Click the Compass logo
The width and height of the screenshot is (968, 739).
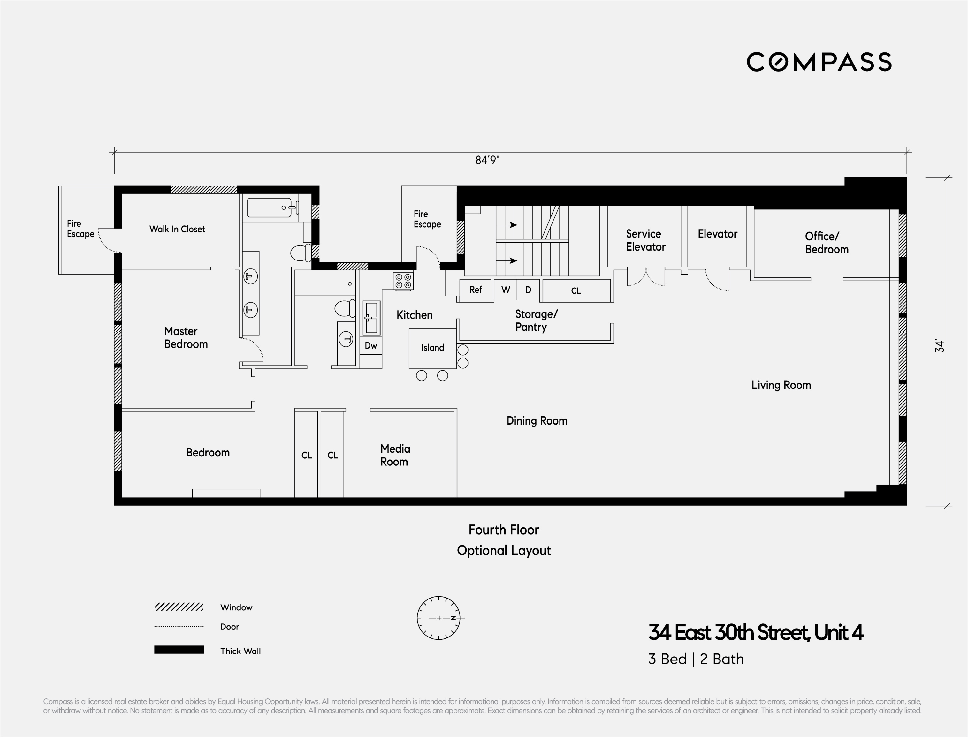tap(819, 62)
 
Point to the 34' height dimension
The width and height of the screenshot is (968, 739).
tap(939, 346)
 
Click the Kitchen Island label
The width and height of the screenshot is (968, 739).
tap(432, 348)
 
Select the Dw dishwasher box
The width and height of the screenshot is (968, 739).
tap(370, 346)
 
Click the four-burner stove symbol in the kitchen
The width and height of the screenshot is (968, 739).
tap(403, 281)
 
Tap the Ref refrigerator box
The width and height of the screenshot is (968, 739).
tap(475, 290)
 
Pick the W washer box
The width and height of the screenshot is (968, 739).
tap(506, 290)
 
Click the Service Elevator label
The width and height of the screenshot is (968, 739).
tap(645, 240)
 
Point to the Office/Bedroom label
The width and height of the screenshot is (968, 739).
tap(826, 243)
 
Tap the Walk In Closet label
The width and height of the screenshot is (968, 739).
tap(177, 229)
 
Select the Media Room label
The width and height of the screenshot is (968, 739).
tap(395, 455)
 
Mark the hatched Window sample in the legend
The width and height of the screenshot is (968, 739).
tap(179, 607)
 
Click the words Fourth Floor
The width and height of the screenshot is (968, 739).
tap(503, 530)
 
